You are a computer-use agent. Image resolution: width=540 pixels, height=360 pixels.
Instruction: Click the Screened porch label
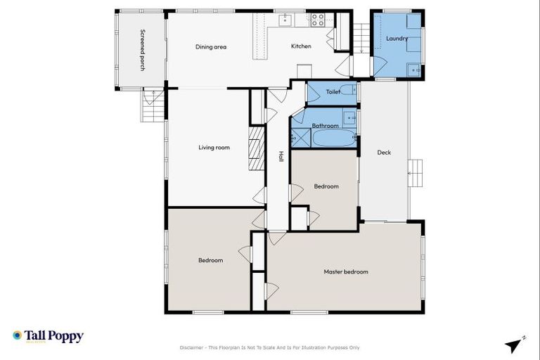point(143,50)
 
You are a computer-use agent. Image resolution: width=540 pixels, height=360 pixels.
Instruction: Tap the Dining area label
point(210,47)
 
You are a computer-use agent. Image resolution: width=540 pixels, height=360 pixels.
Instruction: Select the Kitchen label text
point(301,47)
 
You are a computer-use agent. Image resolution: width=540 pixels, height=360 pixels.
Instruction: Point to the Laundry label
point(397,38)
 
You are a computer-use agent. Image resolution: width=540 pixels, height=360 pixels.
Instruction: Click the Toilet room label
point(333,91)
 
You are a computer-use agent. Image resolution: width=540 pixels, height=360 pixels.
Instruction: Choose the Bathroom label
point(326,126)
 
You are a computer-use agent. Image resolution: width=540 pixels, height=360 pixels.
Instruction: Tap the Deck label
point(384,153)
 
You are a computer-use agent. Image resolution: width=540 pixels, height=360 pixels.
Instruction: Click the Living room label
point(214,148)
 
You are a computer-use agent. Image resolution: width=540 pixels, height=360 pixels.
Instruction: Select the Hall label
point(281,157)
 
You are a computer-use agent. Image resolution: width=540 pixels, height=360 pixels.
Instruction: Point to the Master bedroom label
point(345,271)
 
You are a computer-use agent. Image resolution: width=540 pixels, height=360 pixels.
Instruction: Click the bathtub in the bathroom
point(334,138)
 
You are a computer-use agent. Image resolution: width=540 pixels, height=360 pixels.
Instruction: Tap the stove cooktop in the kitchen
point(318,20)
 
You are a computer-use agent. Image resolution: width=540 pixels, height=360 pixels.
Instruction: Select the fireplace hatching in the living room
point(255,148)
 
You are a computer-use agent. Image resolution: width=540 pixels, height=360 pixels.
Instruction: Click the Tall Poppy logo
point(48,336)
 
